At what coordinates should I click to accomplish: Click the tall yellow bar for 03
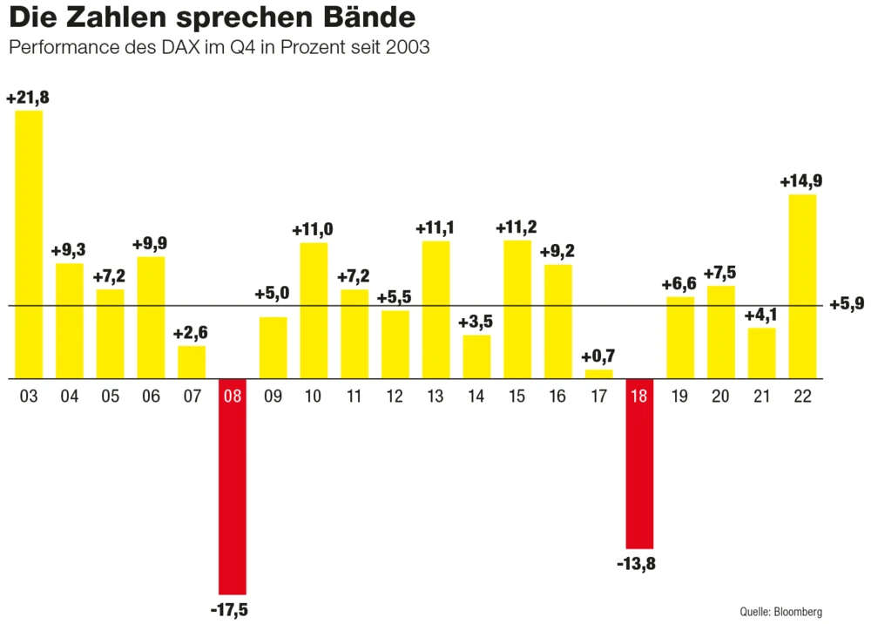click(29, 244)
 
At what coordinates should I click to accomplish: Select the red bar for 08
click(233, 497)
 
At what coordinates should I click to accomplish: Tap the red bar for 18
click(639, 471)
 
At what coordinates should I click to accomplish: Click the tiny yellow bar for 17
click(598, 374)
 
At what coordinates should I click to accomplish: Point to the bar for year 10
click(314, 310)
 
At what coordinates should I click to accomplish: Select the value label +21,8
click(27, 98)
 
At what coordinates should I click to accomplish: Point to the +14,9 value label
click(801, 182)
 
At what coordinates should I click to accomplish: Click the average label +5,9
click(847, 305)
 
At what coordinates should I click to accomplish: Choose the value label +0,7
click(598, 356)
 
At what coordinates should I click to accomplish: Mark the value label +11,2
click(517, 228)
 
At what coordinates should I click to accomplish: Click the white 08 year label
click(233, 397)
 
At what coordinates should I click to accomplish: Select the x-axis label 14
click(476, 397)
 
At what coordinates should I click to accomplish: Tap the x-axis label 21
click(761, 397)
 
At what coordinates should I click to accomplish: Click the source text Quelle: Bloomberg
click(782, 611)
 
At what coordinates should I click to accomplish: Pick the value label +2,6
click(192, 333)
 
